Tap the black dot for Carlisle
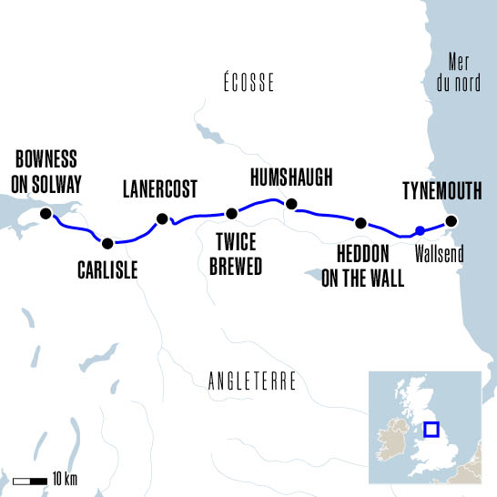coord(108,243)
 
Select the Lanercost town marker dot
coord(162,218)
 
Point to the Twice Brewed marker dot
coord(231,214)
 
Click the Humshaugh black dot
coord(291,204)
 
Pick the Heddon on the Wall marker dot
coord(361,223)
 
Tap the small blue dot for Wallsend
coord(419,230)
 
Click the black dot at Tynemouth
coord(450,221)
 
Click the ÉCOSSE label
coord(248,84)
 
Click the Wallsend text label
coord(440,252)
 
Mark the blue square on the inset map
coord(431,431)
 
